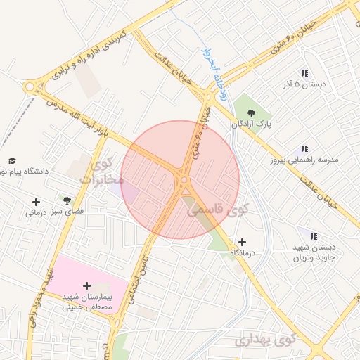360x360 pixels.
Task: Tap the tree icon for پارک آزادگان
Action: [x=250, y=112]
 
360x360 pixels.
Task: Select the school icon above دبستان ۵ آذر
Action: [x=304, y=73]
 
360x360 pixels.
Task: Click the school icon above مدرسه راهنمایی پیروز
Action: [x=304, y=149]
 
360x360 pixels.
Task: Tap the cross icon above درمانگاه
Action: [x=242, y=241]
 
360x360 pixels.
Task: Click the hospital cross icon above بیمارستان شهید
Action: [x=86, y=286]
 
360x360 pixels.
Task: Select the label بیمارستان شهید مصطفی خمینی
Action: [x=87, y=302]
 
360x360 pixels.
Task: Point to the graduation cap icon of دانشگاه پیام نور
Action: [x=12, y=160]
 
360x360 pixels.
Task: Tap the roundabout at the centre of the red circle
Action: [x=184, y=180]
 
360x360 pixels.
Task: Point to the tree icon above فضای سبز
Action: [x=67, y=201]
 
